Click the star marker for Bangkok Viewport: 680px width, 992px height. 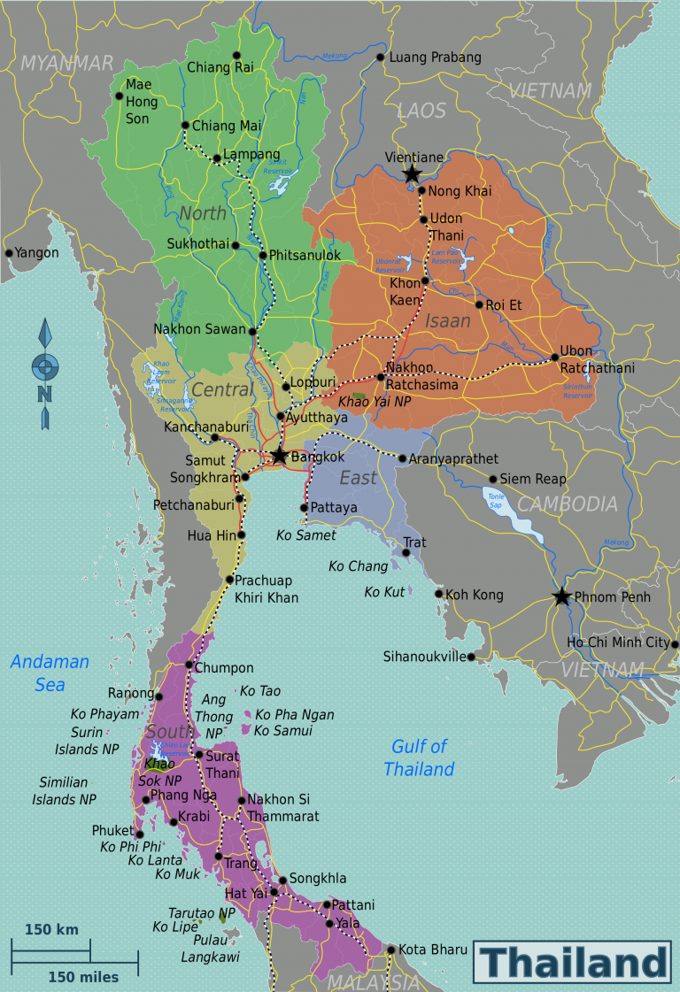point(279,456)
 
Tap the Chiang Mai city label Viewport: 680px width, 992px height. point(227,126)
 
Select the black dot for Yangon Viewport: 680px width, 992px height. point(9,253)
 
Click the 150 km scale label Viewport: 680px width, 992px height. point(51,929)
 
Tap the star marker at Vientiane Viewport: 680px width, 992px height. point(412,174)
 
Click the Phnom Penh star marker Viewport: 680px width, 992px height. point(561,596)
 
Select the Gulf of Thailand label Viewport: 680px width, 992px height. point(419,758)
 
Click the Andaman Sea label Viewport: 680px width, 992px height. point(50,673)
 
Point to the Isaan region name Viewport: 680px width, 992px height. point(447,320)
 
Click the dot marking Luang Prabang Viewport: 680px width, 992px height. point(381,58)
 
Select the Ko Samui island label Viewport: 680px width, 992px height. point(282,731)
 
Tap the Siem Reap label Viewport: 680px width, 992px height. point(533,480)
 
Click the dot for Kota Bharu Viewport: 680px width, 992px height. point(390,950)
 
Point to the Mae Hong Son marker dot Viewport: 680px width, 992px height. point(118,96)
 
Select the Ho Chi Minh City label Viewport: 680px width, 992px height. point(618,642)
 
